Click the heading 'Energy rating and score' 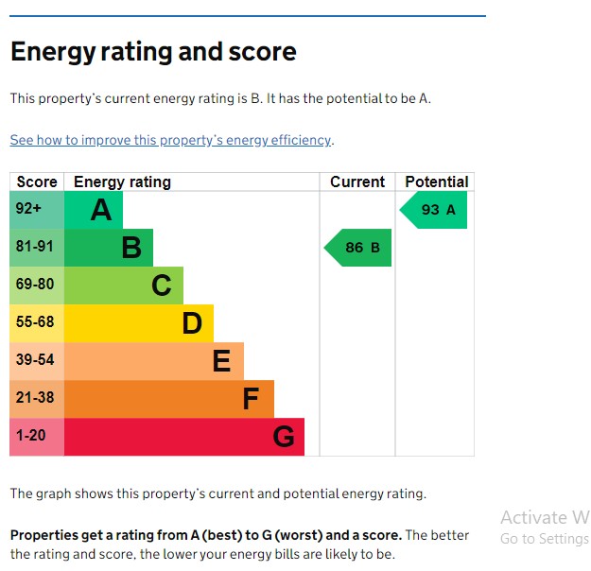click(x=153, y=52)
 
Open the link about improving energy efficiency click(x=171, y=140)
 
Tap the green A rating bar click(x=94, y=210)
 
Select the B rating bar click(x=109, y=248)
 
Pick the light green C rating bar click(x=124, y=285)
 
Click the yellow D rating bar click(x=139, y=323)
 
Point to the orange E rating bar click(x=154, y=361)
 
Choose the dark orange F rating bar click(x=169, y=399)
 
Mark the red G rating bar click(x=184, y=437)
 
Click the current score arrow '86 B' click(x=359, y=248)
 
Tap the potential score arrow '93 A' click(x=435, y=210)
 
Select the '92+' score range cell click(x=37, y=210)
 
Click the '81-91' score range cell click(x=37, y=248)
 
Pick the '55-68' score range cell click(x=37, y=323)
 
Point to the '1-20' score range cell click(x=37, y=437)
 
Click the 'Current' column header click(x=357, y=182)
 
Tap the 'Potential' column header click(x=436, y=182)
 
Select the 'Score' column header click(x=37, y=182)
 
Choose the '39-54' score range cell click(x=37, y=361)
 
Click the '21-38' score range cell click(x=37, y=399)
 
